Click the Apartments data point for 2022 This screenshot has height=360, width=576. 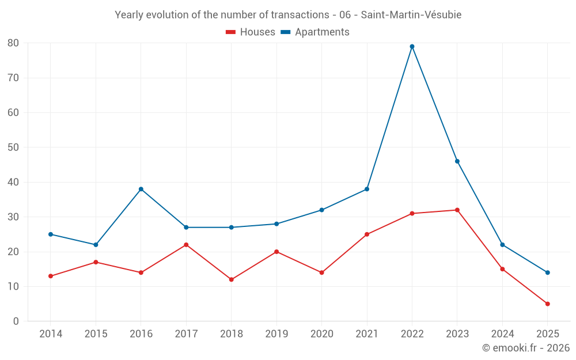coord(412,47)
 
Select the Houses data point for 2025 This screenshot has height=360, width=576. coord(547,304)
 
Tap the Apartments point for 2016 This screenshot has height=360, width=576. coord(141,189)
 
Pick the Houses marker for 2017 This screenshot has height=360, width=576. coord(186,245)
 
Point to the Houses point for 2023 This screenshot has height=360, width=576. coord(457,210)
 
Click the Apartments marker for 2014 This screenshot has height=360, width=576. coord(51,234)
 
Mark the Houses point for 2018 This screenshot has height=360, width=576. coord(231,279)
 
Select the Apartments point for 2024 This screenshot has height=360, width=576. coord(502,245)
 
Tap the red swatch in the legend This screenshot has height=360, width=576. coord(231,32)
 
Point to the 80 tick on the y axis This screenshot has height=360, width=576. coord(13,43)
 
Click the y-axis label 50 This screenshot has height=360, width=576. coord(13,147)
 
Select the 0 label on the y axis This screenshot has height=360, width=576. coord(16,321)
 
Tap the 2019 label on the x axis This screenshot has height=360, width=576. coord(276,334)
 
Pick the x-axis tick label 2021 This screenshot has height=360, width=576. coord(367,334)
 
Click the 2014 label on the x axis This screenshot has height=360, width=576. coord(51,334)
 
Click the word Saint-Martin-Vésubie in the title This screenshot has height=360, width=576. coord(411,15)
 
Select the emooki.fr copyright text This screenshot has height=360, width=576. coord(525,348)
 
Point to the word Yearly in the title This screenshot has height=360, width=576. coord(129,15)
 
